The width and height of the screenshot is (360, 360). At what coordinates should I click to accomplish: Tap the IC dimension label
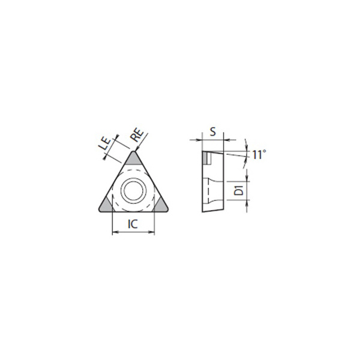coord(133,224)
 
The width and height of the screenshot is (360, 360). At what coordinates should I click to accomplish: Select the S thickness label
coord(213,131)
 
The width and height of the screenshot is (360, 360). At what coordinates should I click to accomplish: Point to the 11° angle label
coord(259,155)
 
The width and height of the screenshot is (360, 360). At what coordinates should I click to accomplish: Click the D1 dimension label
coord(239,191)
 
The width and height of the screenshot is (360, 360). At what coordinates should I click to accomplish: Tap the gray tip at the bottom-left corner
coord(106,205)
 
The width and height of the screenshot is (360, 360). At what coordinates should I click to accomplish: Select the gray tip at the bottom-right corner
coord(160,205)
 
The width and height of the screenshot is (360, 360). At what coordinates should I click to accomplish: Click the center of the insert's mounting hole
coord(133,191)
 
